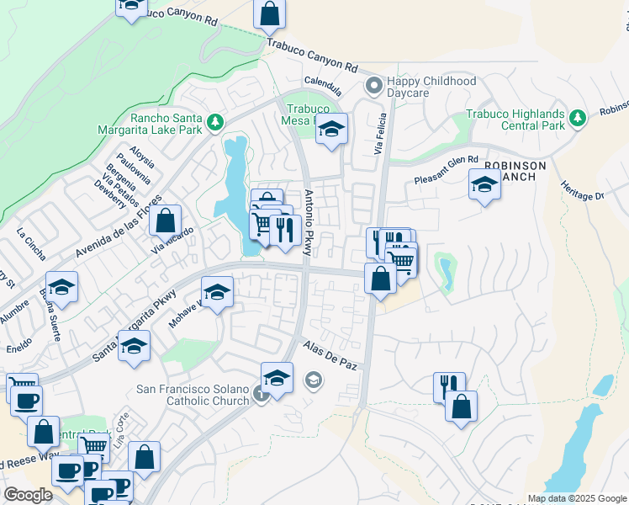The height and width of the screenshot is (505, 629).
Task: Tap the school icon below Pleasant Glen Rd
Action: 484,186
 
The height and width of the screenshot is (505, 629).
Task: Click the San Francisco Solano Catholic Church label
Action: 193,395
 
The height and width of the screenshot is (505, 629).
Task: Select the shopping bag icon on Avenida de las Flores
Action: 166,221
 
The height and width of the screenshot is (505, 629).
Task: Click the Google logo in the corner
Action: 29,495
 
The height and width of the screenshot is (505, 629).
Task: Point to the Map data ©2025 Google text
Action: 576,498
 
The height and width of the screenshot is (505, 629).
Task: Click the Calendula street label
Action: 325,86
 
